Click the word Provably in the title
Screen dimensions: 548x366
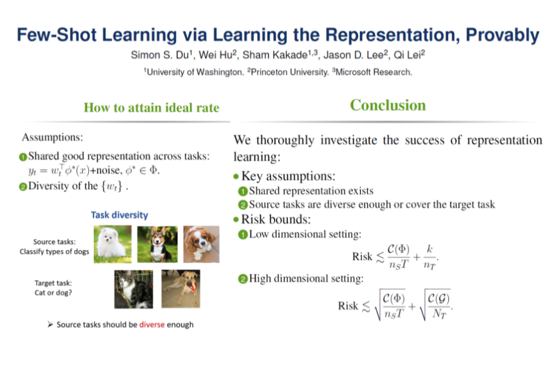(502, 35)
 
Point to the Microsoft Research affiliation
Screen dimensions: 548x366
(372, 72)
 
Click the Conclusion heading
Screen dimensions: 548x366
(388, 105)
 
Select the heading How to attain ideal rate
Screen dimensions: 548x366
(152, 107)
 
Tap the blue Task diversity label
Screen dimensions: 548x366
(119, 215)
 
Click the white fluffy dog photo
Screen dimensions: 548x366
(113, 244)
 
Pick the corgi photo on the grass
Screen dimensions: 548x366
(157, 244)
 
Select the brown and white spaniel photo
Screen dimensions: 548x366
(202, 244)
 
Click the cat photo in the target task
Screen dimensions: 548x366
(133, 289)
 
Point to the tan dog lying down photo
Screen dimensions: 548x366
(181, 289)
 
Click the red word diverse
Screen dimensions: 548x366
(152, 325)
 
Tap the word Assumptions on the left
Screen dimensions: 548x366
(52, 137)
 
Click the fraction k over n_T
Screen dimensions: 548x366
(430, 257)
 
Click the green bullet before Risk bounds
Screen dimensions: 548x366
(236, 220)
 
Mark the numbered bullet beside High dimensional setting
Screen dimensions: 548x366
(242, 279)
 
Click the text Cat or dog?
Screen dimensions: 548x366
(53, 293)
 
